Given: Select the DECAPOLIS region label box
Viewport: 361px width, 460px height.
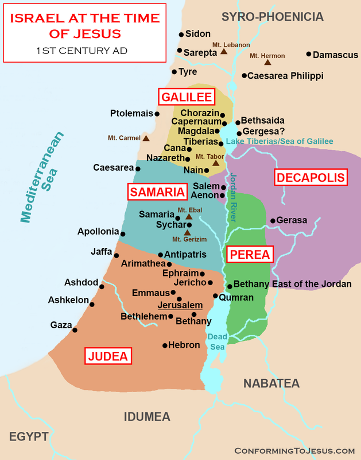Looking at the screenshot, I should click(x=311, y=178).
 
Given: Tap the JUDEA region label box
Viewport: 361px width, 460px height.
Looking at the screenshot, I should click(x=108, y=356).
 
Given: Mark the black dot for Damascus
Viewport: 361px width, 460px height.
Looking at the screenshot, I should click(x=309, y=54).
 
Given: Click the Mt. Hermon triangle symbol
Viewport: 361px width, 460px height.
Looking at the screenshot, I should click(x=267, y=62).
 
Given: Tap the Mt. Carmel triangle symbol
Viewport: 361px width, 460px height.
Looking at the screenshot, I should click(x=146, y=138).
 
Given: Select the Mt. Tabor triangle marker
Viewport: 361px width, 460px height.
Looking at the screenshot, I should click(x=216, y=163).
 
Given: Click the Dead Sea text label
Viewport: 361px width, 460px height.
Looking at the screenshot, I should click(x=217, y=342).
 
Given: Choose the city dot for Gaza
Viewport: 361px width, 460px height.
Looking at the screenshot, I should click(x=73, y=330).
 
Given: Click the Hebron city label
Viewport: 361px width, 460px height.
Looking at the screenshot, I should click(x=184, y=346).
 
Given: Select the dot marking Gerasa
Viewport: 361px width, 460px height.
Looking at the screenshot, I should click(x=272, y=220).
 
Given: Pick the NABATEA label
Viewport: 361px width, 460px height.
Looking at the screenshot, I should click(x=271, y=384).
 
